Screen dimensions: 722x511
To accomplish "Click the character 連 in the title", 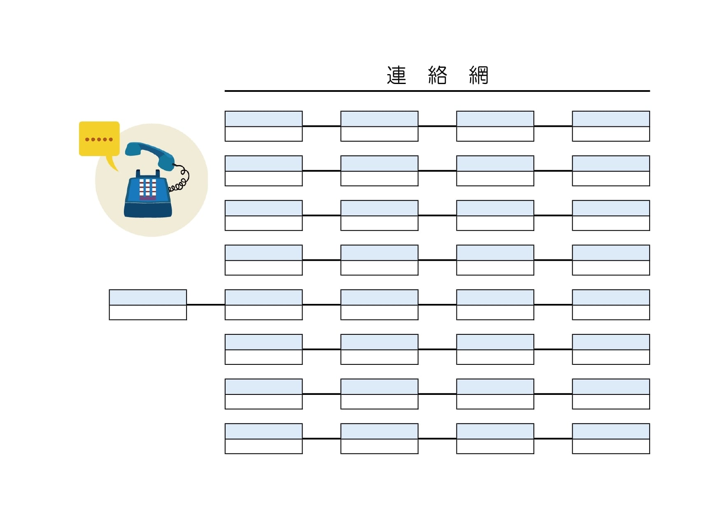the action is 396,75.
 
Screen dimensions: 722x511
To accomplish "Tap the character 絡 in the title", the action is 437,75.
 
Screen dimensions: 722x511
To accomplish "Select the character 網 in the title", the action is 478,75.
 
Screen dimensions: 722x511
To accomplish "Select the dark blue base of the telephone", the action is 148,210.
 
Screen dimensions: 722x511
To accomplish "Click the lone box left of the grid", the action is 148,305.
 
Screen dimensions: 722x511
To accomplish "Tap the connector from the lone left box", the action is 206,305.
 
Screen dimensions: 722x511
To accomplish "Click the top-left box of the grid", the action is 264,126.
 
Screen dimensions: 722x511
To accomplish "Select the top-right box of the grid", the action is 611,126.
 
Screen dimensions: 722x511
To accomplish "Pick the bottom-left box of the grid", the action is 264,439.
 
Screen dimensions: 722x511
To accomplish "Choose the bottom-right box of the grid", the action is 611,439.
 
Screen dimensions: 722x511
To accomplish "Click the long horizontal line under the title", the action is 437,91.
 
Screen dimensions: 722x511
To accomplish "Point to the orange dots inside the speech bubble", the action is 99,140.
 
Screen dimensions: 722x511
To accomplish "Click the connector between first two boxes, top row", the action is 321,126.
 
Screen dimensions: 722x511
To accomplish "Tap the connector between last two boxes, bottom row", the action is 553,439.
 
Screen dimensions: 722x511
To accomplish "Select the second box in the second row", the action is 380,171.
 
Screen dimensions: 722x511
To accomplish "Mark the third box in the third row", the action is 495,215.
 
